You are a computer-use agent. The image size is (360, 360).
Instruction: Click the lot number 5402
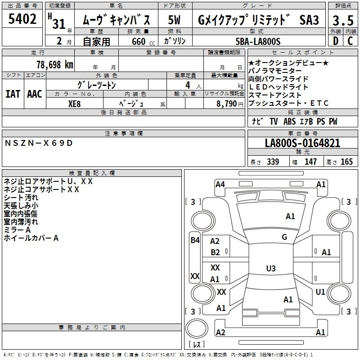click(x=22, y=19)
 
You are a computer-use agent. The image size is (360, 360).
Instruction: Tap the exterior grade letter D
click(x=335, y=41)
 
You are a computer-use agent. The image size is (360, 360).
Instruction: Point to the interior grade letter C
click(x=350, y=41)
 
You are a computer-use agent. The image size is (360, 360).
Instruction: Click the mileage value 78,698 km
click(x=54, y=64)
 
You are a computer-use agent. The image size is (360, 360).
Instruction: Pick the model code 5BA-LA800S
click(x=258, y=41)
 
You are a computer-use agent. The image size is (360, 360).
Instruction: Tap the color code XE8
click(x=75, y=103)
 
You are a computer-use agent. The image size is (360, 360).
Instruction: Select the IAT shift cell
click(x=13, y=94)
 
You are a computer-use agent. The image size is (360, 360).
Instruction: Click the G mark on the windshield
click(x=284, y=237)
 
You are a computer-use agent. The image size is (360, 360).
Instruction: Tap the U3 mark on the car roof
click(x=270, y=269)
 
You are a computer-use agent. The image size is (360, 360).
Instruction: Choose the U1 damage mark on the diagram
click(x=320, y=292)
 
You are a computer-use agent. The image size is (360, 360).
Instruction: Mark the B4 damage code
click(x=195, y=240)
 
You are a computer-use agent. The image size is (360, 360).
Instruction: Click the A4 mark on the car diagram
click(x=220, y=184)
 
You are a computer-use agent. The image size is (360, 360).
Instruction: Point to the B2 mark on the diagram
click(x=216, y=252)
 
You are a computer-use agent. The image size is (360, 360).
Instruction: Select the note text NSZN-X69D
click(x=38, y=143)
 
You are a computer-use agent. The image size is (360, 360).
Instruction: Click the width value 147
click(x=310, y=162)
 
